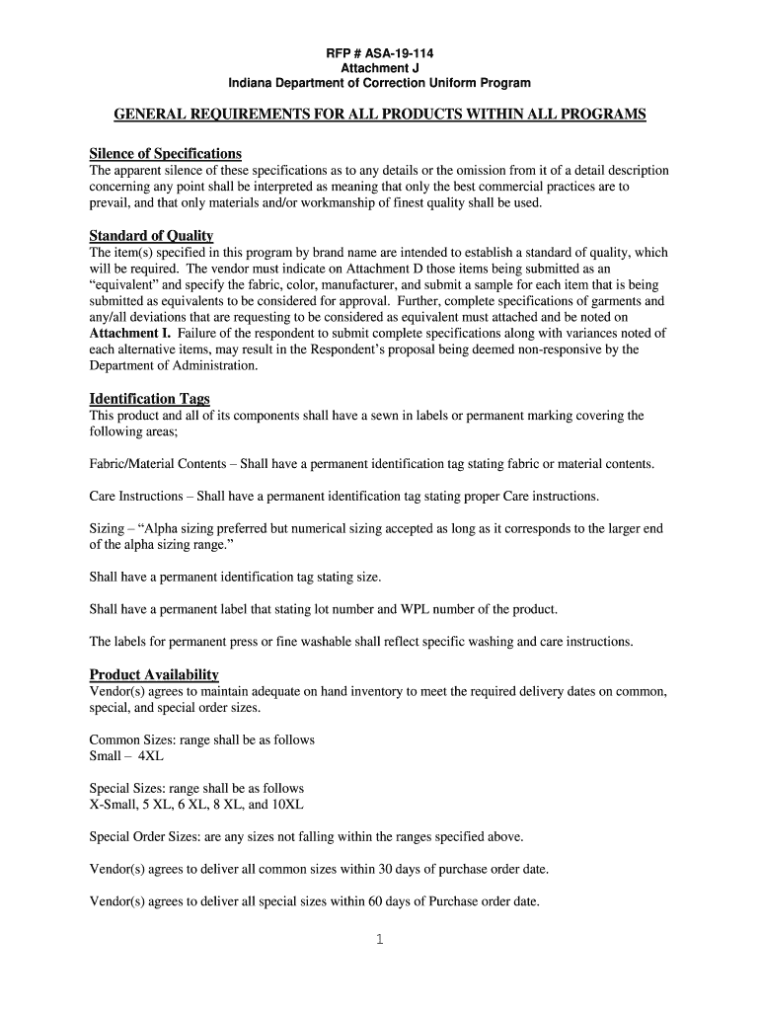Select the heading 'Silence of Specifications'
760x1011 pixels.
(x=165, y=154)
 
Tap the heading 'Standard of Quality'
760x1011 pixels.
(x=151, y=236)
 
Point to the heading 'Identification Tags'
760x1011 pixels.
(x=149, y=399)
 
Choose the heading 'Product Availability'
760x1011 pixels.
(x=153, y=675)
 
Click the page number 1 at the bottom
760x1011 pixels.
(x=379, y=940)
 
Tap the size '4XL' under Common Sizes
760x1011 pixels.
(x=151, y=756)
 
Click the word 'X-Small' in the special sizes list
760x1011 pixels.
(x=114, y=805)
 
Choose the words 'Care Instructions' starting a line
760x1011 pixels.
(x=136, y=496)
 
